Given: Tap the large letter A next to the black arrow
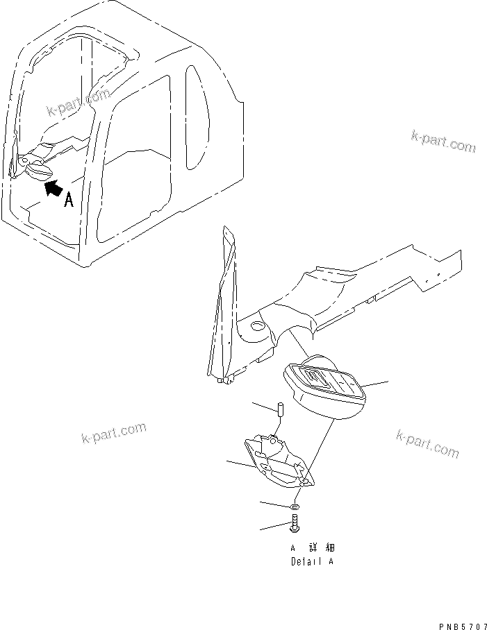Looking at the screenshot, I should [x=69, y=201].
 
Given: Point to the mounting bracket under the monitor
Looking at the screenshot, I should [x=276, y=464].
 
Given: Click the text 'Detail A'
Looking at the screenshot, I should [x=312, y=561].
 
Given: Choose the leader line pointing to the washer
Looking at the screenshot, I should [x=276, y=504].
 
